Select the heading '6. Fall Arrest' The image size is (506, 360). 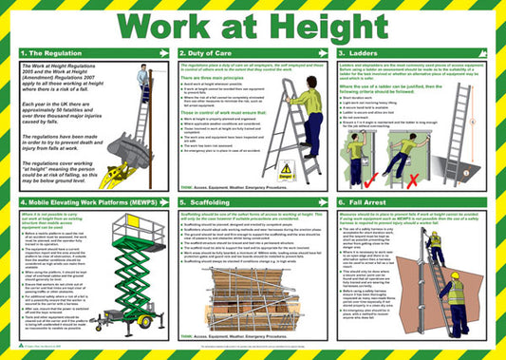(x=368, y=202)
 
